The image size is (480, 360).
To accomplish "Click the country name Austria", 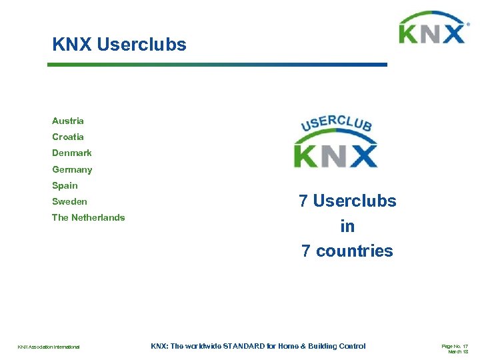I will click(x=68, y=121).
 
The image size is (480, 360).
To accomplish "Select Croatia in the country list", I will click(x=68, y=137).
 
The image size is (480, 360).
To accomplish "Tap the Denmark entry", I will click(x=72, y=153).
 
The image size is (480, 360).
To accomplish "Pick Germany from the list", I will click(x=72, y=169).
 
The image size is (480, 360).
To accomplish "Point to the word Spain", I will click(x=65, y=185).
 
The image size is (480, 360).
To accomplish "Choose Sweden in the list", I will click(x=69, y=201).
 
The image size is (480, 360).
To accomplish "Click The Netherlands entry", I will click(x=89, y=217).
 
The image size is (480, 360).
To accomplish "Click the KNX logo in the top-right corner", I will click(x=432, y=30).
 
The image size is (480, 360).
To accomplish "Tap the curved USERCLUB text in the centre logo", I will click(x=337, y=123).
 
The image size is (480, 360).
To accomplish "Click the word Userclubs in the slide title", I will click(x=141, y=45).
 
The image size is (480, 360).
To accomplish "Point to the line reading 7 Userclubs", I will click(x=347, y=201).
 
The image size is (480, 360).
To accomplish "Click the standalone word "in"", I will click(x=347, y=227).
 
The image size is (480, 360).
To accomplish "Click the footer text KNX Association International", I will click(x=49, y=347).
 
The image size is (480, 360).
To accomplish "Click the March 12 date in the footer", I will click(x=458, y=351).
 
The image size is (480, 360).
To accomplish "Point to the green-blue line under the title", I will click(x=217, y=65).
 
